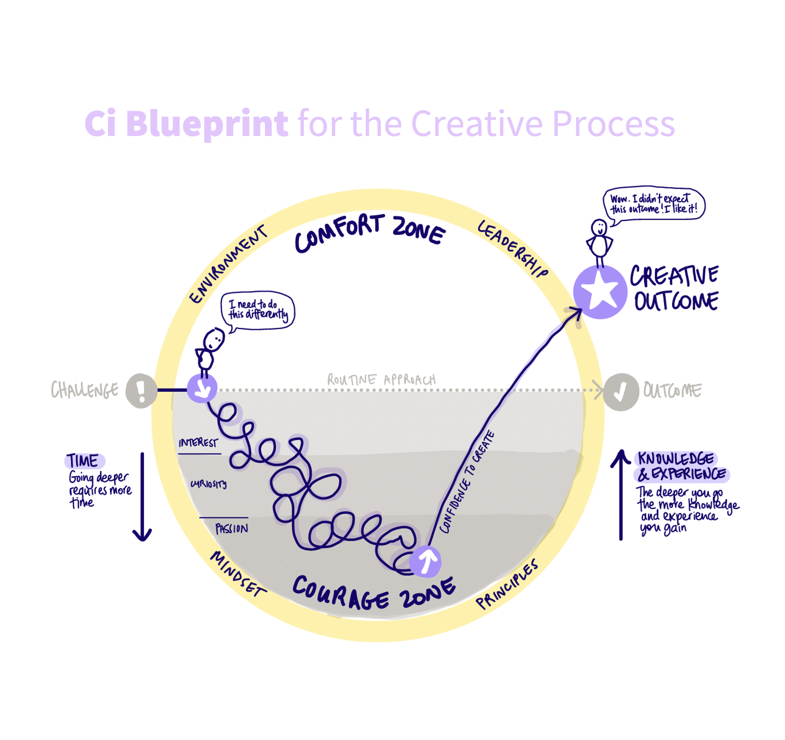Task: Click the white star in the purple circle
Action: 600,292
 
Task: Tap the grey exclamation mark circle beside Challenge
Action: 141,391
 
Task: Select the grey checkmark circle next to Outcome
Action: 620,392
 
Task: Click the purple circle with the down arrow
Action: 202,388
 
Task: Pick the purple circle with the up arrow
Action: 425,561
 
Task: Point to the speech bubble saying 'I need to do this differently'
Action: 258,310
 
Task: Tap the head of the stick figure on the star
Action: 599,228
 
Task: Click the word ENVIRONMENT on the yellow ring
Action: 228,264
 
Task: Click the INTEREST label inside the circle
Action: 198,443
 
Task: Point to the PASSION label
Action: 232,528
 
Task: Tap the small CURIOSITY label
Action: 209,484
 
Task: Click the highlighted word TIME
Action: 83,461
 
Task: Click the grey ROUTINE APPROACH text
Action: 382,380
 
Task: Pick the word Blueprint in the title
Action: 207,124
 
